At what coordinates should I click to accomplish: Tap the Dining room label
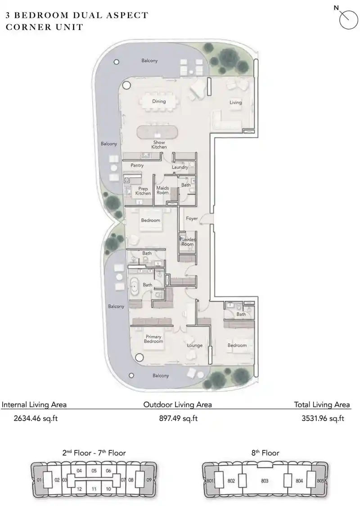159,101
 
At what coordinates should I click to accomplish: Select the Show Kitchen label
159,145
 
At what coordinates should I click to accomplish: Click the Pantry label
137,166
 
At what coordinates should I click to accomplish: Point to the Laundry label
180,167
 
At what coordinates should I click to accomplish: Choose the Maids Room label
162,190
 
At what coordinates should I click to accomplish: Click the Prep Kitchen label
143,191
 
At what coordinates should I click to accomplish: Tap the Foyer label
192,219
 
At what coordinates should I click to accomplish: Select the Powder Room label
188,242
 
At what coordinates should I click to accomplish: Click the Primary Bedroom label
153,339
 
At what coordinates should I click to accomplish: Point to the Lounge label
195,345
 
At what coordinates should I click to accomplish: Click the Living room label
235,103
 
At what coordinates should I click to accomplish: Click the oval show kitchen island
157,133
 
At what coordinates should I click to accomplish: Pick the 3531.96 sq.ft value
323,418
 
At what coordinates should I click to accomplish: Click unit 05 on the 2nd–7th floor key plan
94,471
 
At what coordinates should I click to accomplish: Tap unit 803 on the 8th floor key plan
265,481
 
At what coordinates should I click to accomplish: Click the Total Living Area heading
322,404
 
